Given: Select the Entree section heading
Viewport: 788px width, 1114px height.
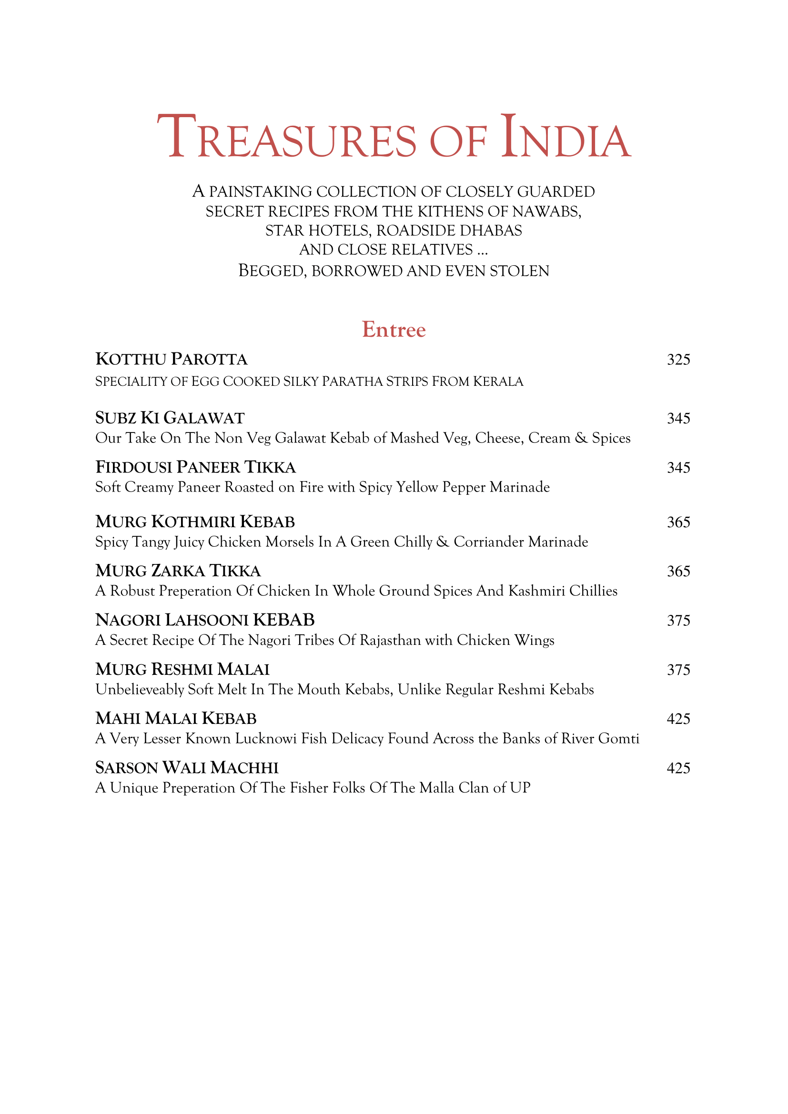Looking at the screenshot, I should [394, 330].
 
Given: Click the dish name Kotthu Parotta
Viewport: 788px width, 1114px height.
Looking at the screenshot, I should [172, 359].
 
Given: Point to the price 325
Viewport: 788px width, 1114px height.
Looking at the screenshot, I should [678, 360].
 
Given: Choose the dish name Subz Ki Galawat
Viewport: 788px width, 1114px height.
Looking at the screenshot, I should [170, 418].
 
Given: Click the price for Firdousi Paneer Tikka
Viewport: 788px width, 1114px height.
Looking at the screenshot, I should [678, 468].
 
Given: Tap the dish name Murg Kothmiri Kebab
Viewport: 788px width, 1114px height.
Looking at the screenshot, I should [195, 522].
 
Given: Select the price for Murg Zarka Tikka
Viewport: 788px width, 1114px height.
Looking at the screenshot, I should [678, 572].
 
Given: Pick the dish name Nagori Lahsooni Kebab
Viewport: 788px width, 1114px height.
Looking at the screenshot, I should [205, 620].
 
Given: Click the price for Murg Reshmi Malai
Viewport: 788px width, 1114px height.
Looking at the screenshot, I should [678, 670].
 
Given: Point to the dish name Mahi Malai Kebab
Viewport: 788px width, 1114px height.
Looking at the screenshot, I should [176, 719].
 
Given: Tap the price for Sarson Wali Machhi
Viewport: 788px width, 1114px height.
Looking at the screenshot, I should [678, 768].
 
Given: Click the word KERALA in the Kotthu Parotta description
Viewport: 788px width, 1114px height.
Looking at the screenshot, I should [498, 381].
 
